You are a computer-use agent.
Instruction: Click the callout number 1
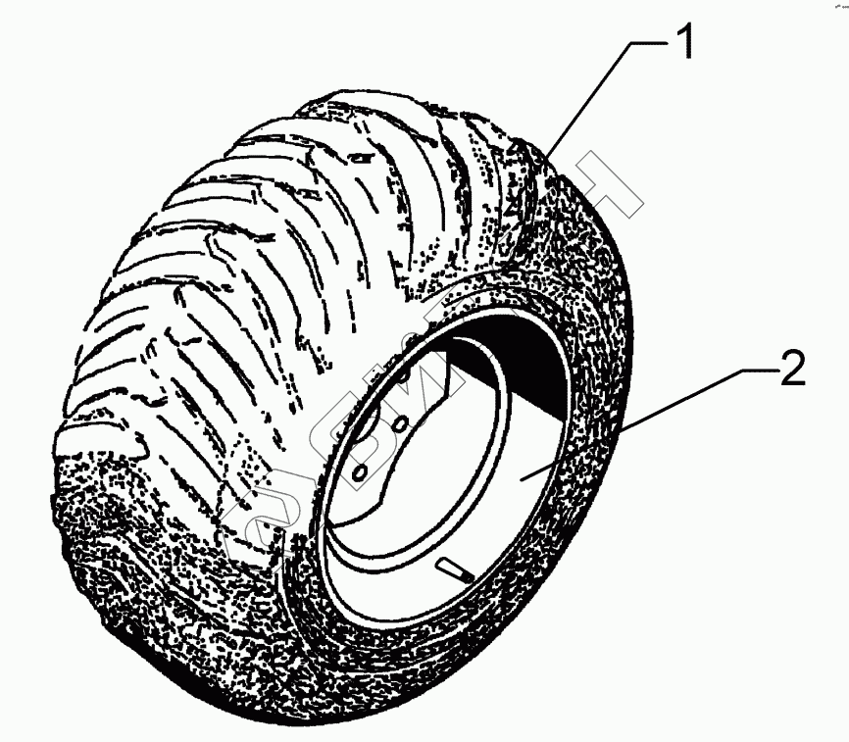684,42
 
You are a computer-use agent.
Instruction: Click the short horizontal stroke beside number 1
647,42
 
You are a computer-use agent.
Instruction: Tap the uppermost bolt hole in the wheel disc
407,374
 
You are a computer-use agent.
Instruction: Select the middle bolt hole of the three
401,423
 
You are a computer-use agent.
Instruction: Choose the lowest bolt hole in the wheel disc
359,472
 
